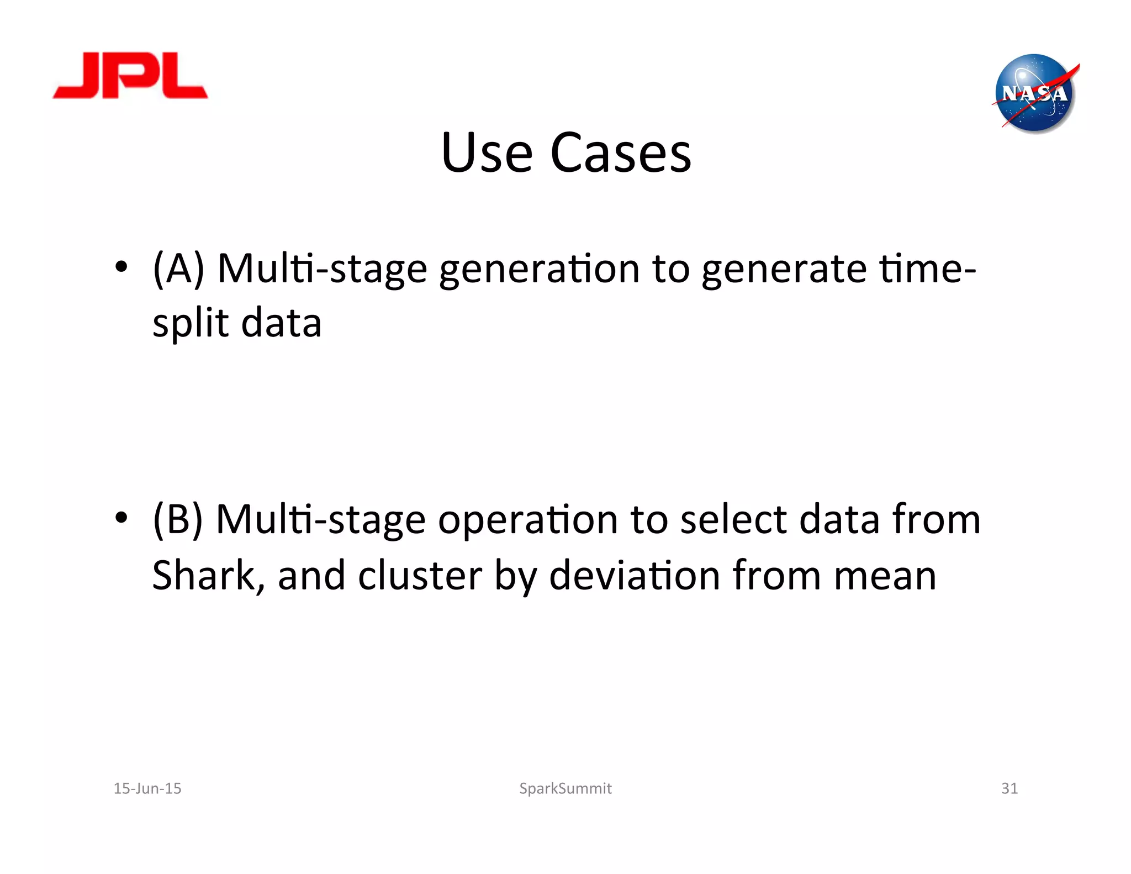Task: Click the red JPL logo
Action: point(130,76)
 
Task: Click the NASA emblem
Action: point(1034,94)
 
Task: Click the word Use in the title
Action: point(486,153)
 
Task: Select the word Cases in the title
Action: point(621,153)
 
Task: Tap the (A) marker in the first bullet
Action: point(178,268)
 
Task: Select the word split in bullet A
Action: point(191,324)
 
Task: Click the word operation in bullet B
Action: point(527,520)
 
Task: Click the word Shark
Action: point(203,576)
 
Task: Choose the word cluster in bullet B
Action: point(420,576)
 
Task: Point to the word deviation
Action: point(635,576)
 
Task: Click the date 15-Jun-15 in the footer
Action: point(147,788)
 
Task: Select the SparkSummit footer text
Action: point(565,788)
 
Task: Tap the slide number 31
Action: point(1009,788)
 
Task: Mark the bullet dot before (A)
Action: point(121,268)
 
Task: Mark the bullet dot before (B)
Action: point(121,518)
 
